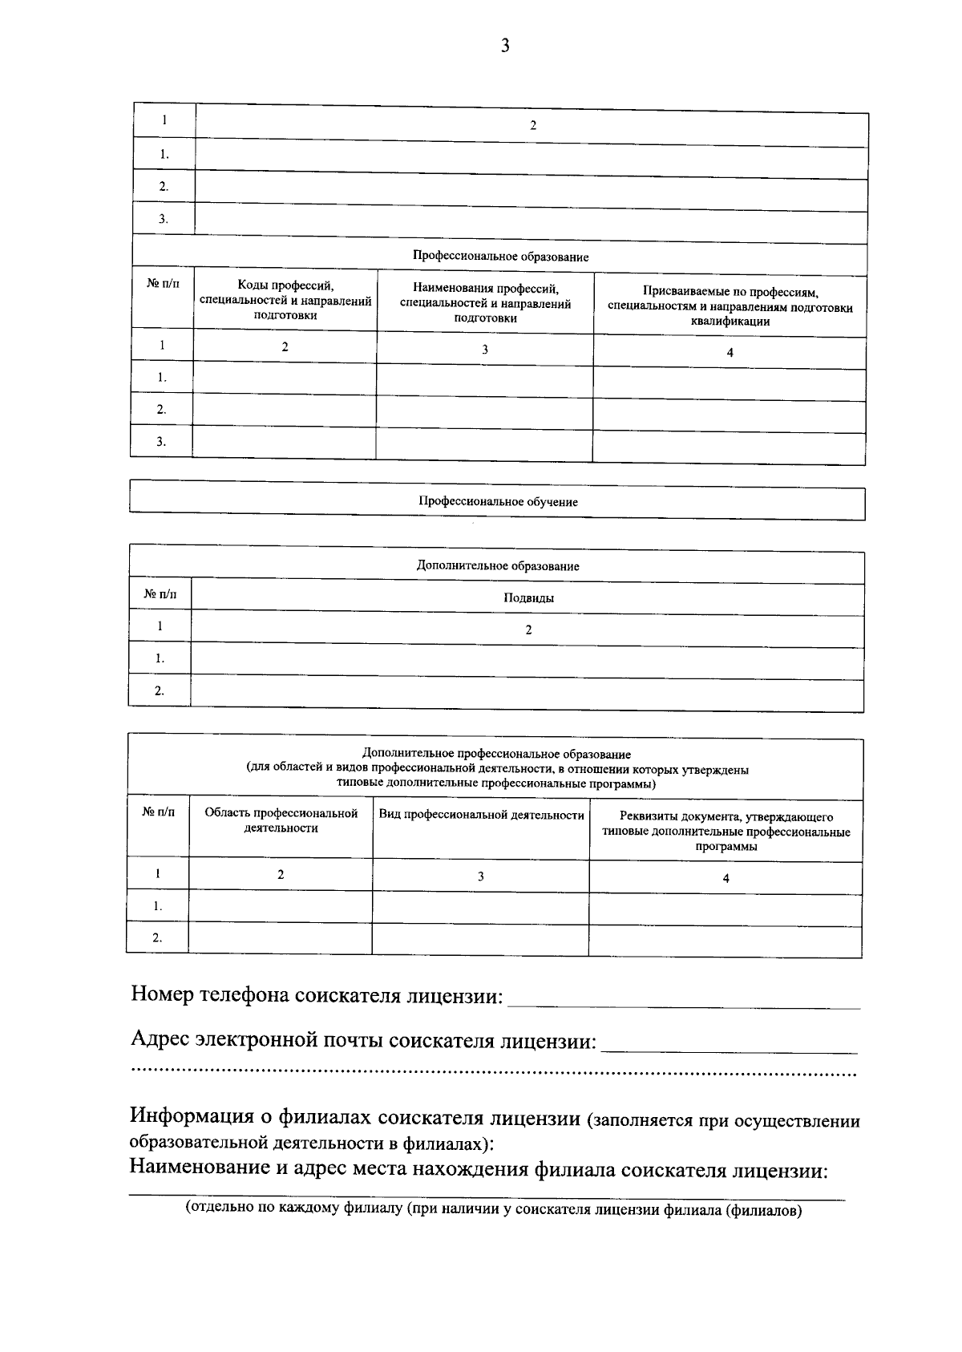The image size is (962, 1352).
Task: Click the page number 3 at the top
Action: click(x=505, y=46)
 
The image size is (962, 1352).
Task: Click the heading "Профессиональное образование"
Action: click(x=500, y=257)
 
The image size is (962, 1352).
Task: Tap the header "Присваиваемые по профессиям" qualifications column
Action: click(x=730, y=306)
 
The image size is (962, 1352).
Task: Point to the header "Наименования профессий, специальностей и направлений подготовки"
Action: click(x=485, y=303)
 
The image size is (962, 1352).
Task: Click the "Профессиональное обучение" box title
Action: click(x=498, y=502)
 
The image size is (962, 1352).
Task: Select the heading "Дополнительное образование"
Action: click(x=497, y=566)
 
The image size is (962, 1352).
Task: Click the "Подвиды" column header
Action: click(x=528, y=598)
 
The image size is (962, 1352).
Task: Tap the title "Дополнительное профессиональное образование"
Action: click(x=496, y=755)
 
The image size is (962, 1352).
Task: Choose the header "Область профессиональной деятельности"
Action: click(x=281, y=820)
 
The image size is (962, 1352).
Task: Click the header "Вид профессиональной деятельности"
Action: click(x=481, y=815)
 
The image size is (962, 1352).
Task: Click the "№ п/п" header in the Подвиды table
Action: click(x=159, y=594)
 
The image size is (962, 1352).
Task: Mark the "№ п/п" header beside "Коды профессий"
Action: click(x=163, y=285)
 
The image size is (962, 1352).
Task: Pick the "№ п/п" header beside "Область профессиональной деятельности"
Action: click(x=158, y=812)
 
